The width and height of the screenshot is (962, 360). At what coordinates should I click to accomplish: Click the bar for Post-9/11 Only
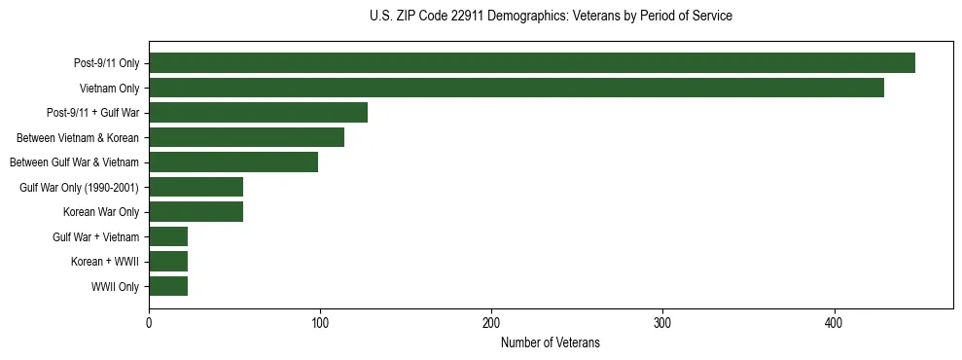point(532,63)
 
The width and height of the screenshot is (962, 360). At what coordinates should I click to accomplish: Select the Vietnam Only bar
point(517,88)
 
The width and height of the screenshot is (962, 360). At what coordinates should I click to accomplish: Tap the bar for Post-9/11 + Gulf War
point(258,113)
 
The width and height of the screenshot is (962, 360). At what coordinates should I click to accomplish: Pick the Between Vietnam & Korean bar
point(246,137)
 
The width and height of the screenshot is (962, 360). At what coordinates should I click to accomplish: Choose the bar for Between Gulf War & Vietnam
point(233,162)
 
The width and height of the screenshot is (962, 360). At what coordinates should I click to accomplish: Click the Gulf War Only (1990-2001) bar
point(196,187)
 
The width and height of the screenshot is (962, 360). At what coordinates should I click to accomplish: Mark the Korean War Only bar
point(196,212)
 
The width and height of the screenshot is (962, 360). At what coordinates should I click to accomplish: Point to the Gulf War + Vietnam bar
point(168,236)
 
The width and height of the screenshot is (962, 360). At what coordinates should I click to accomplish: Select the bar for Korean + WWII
point(168,262)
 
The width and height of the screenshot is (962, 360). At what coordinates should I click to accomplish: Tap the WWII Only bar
point(168,286)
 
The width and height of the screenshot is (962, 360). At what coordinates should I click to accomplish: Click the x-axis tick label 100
point(320,323)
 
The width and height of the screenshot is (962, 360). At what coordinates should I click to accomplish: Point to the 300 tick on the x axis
point(662,323)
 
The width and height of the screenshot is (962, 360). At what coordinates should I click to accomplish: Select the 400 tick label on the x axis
point(834,323)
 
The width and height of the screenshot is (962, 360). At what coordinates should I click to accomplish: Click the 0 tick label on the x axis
point(149,323)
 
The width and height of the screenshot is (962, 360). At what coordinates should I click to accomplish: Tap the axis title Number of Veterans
point(550,342)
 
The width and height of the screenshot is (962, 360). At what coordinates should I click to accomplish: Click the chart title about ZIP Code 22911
point(551,17)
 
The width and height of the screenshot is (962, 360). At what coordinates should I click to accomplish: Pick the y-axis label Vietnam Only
point(109,89)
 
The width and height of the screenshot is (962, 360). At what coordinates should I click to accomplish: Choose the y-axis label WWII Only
point(115,287)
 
